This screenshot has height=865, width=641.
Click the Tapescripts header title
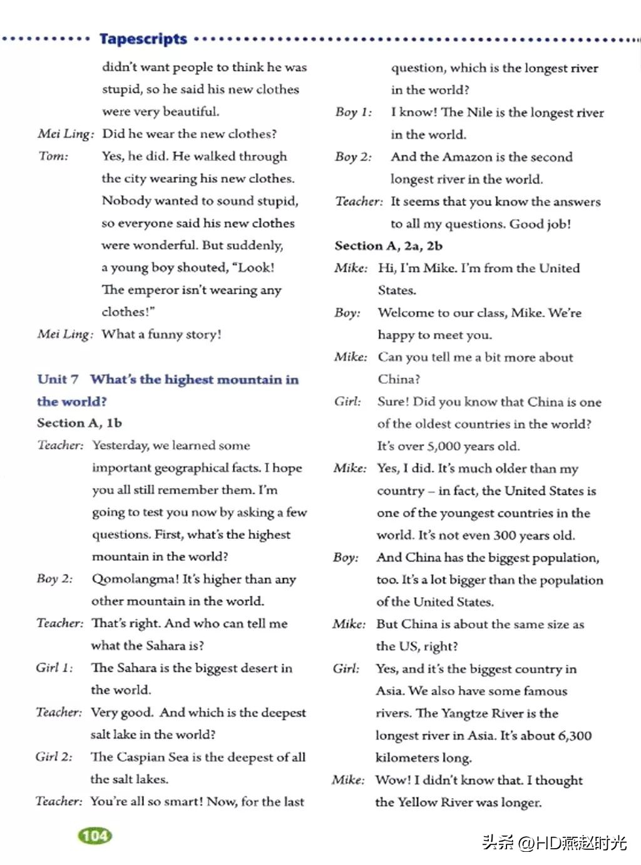pos(143,39)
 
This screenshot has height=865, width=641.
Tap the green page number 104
pos(95,836)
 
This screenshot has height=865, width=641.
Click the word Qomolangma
pos(131,579)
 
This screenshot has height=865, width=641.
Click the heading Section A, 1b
pos(79,423)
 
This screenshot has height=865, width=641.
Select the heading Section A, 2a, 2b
pos(389,246)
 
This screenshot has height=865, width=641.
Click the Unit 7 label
pos(58,379)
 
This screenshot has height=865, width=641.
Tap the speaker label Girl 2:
pos(54,757)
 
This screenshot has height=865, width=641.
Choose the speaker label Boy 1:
pos(354,113)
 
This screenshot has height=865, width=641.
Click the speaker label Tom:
pos(54,156)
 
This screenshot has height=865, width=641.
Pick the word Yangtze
pos(464,714)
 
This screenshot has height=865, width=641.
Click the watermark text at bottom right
pos(554,842)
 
